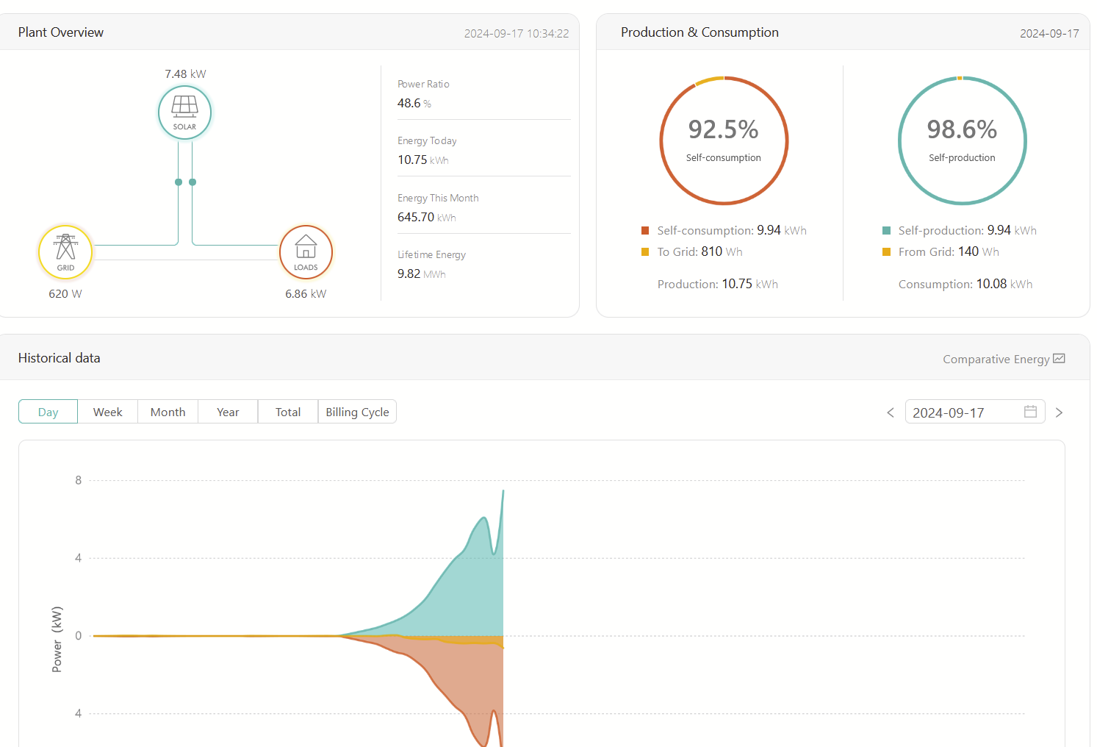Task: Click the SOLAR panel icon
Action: click(x=184, y=106)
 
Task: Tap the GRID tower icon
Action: click(x=65, y=246)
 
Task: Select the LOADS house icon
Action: click(x=306, y=246)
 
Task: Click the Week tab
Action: click(x=108, y=412)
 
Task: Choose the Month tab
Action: click(x=168, y=412)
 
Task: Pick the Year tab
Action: click(x=228, y=412)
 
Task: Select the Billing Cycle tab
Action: click(x=358, y=412)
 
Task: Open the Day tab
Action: click(x=48, y=412)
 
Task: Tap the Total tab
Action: click(x=288, y=412)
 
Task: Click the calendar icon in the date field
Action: click(x=1030, y=412)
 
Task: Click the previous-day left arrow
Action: click(x=891, y=412)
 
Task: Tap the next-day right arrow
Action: click(x=1060, y=412)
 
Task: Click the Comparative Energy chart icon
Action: click(x=1060, y=359)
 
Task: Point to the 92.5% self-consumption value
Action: click(x=723, y=129)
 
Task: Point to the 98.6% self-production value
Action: click(x=963, y=129)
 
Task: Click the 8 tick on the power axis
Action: click(x=79, y=480)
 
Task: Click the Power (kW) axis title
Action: click(x=57, y=639)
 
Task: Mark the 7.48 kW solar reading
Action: click(x=186, y=74)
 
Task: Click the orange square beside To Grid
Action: click(x=645, y=252)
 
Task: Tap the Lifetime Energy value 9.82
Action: click(x=409, y=274)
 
